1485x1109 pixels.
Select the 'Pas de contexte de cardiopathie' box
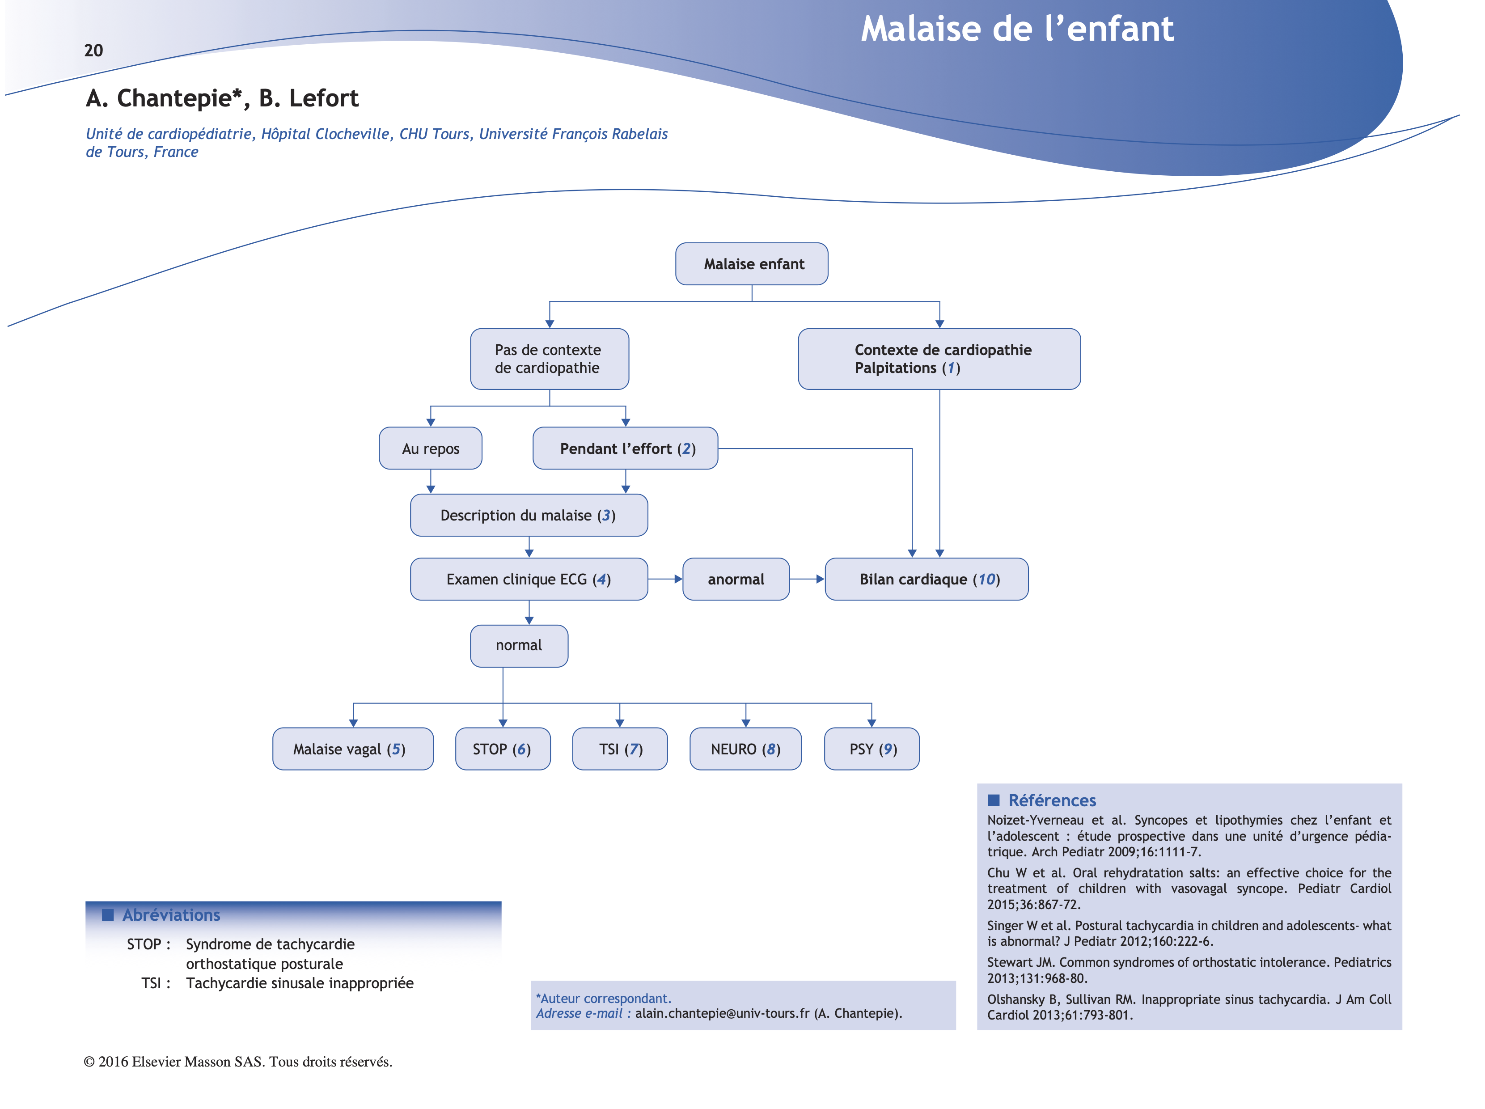[549, 359]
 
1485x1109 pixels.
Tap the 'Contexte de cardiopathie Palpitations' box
[939, 359]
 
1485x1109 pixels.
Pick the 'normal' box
[519, 646]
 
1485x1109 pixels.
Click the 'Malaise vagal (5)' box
[352, 749]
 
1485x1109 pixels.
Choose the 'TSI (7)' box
[620, 749]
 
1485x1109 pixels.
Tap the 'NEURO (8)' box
[745, 749]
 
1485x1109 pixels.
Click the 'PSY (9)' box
[872, 749]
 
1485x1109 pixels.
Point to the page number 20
[93, 51]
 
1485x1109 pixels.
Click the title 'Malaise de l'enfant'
[1017, 29]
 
